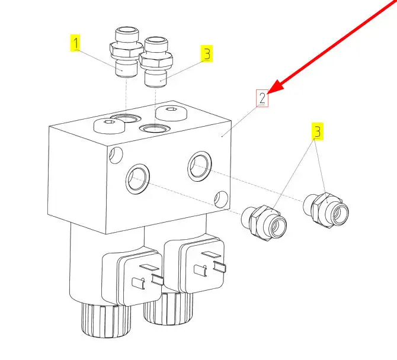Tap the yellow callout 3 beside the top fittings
[x=206, y=54]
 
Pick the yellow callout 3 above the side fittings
[x=318, y=131]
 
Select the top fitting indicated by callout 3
[x=157, y=62]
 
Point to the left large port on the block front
[x=139, y=179]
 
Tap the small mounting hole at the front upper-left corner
[x=116, y=155]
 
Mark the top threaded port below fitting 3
[x=155, y=128]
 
